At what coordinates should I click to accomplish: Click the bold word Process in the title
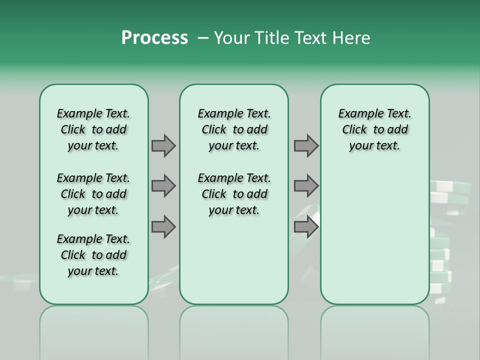coord(154,38)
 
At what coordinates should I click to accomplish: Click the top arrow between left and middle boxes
coord(163,145)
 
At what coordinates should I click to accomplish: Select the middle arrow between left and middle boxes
coord(163,186)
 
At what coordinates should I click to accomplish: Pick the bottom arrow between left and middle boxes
coord(163,226)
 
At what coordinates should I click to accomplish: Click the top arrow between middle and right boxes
coord(306,145)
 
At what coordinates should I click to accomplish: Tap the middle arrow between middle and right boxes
coord(306,186)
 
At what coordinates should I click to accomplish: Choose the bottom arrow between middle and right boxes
coord(306,226)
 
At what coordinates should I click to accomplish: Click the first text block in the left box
coord(93,129)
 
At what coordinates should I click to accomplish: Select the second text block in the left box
coord(93,194)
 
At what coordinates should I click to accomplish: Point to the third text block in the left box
coord(93,255)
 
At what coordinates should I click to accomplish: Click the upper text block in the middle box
coord(234,129)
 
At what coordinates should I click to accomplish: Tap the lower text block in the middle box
coord(234,194)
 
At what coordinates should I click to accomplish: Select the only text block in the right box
coord(374,129)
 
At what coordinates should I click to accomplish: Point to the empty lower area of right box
coord(374,235)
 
